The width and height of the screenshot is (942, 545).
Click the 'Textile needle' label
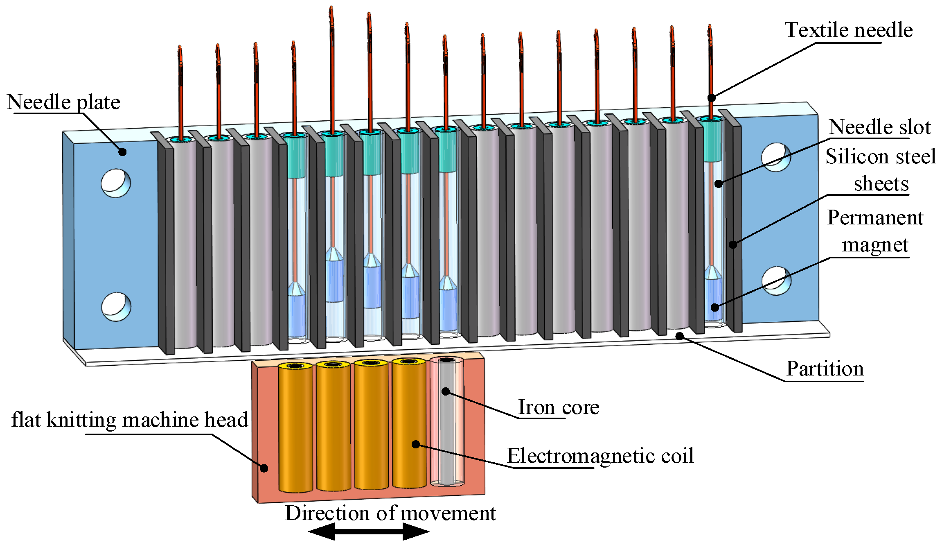(x=848, y=30)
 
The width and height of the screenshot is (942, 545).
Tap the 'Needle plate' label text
(x=63, y=102)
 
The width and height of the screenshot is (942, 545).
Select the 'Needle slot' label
(x=880, y=127)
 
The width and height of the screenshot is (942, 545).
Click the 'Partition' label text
(x=825, y=369)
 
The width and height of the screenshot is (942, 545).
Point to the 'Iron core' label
(x=559, y=407)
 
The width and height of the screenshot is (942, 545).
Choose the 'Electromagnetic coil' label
(x=600, y=456)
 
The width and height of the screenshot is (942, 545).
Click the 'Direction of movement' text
(x=390, y=513)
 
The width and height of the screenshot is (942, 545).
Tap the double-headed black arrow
(x=368, y=532)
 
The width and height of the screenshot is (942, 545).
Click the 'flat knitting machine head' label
(x=129, y=420)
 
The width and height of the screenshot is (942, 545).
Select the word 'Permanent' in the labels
(x=875, y=217)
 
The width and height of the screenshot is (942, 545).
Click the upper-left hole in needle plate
(x=116, y=183)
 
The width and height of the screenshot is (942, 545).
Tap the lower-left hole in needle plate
(x=116, y=307)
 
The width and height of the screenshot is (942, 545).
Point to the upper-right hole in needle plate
(x=776, y=157)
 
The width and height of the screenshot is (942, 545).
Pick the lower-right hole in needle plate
(x=776, y=281)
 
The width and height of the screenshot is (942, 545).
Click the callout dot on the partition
(x=679, y=336)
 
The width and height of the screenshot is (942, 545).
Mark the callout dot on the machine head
(x=264, y=468)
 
